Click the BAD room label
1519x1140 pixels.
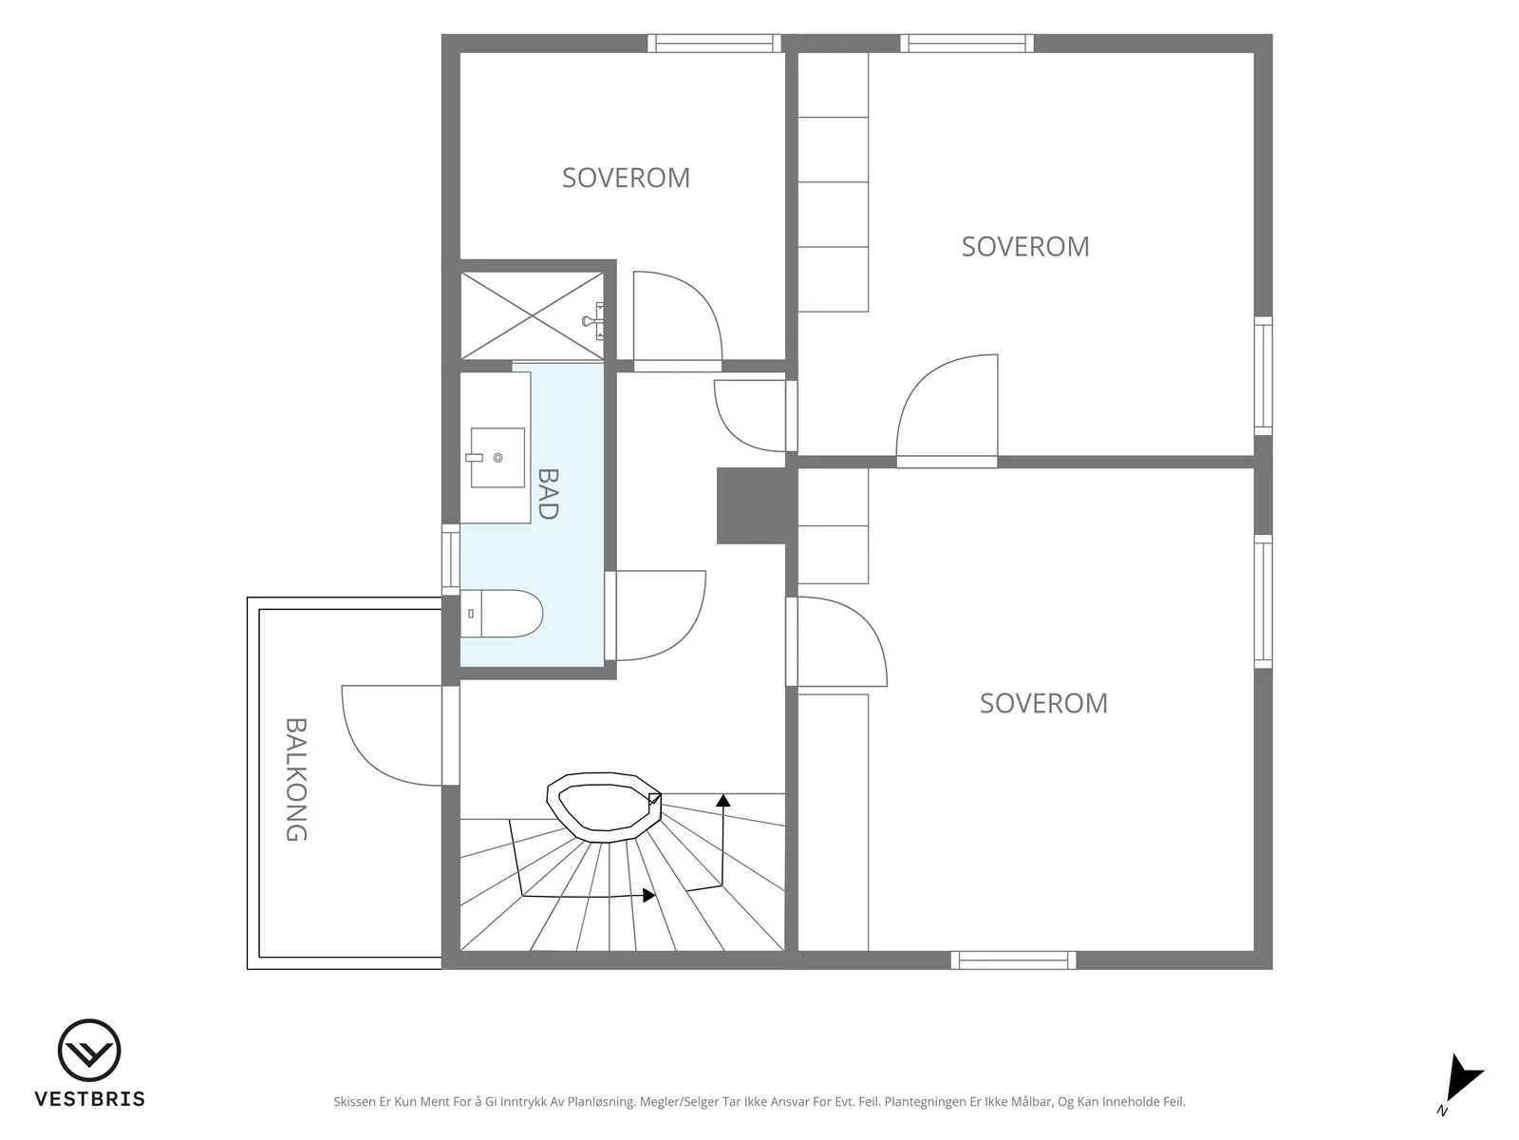548,493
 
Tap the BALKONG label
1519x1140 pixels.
296,779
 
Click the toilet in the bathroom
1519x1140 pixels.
501,614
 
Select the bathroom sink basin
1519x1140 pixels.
497,458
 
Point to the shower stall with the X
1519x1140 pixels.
533,315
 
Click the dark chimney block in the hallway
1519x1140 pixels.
751,505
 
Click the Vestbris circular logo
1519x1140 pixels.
89,1050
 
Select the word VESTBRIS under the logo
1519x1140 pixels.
90,1099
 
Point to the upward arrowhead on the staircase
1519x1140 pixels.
723,800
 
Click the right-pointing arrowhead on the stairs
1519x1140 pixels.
649,896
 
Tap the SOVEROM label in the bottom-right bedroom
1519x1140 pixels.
1043,703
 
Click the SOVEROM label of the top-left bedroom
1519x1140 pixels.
627,178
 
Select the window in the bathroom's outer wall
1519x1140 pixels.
451,560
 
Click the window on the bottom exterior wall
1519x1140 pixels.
1014,960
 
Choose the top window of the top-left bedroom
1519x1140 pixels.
715,43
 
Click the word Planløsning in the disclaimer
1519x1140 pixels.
601,1102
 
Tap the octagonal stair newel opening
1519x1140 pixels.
604,807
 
